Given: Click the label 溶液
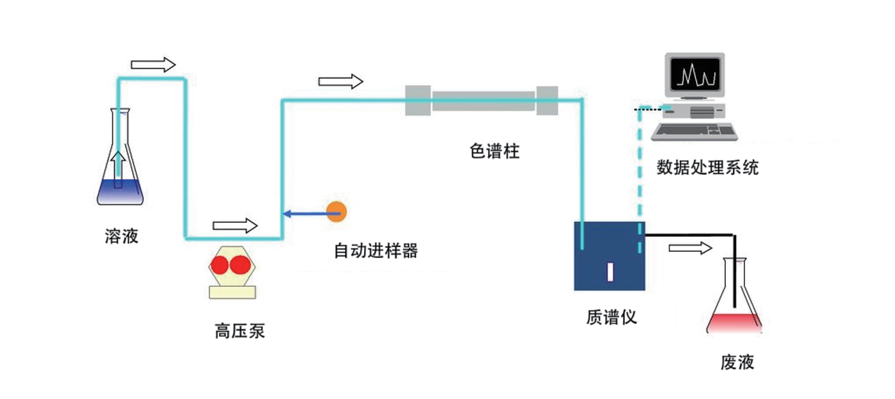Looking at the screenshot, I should tap(122, 236).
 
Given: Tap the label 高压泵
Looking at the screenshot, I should tap(239, 332).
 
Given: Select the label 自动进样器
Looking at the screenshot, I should tap(375, 251).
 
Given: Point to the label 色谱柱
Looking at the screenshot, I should tap(495, 151).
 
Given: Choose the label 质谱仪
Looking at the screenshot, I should tap(611, 317).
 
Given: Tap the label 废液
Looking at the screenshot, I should tap(737, 362).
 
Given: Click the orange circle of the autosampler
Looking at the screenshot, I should tap(336, 212).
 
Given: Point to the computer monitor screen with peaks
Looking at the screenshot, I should tap(694, 74).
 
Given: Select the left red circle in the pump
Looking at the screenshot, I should tap(221, 266).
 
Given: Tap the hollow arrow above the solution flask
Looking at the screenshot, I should tap(153, 65).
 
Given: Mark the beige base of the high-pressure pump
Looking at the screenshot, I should tap(232, 292).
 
